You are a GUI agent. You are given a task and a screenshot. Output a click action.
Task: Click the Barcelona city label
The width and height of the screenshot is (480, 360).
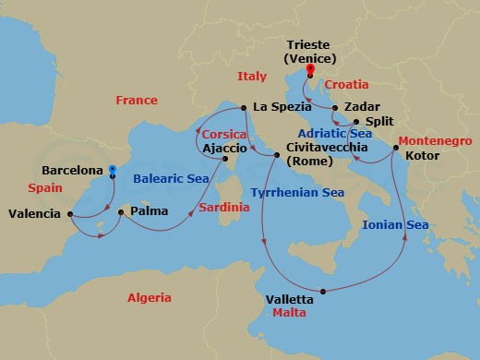(x=73, y=170)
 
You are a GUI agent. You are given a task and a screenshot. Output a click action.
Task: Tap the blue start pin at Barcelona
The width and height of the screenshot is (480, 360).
(x=112, y=171)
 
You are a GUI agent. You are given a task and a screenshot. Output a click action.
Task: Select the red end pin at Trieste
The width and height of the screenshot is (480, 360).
(x=309, y=67)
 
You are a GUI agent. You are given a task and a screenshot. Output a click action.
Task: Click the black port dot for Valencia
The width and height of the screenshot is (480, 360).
(x=71, y=214)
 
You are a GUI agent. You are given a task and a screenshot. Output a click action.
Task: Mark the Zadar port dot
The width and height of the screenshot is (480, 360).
(x=334, y=107)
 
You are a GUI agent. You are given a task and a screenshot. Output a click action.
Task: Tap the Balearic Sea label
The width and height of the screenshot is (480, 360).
(x=170, y=179)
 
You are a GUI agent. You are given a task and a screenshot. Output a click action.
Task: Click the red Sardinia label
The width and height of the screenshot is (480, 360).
(x=221, y=208)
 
